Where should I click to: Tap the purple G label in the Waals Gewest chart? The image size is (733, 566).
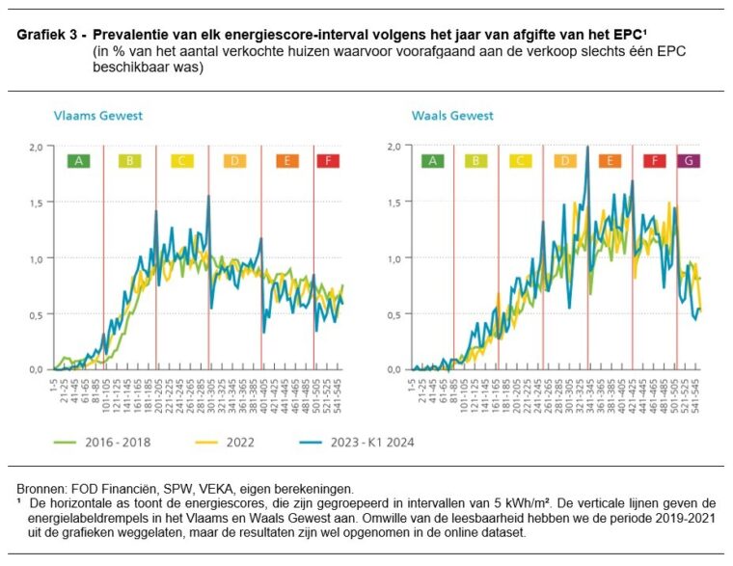pyautogui.click(x=688, y=161)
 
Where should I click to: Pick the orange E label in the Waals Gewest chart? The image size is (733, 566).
pyautogui.click(x=609, y=161)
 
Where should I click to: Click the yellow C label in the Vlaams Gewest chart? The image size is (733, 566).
pyautogui.click(x=181, y=161)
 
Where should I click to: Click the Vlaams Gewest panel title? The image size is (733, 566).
pyautogui.click(x=97, y=116)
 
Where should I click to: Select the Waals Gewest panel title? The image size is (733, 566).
pyautogui.click(x=452, y=116)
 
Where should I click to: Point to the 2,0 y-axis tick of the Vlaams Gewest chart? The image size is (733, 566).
pyautogui.click(x=37, y=148)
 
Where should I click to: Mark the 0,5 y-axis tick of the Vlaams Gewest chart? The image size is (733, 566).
pyautogui.click(x=37, y=314)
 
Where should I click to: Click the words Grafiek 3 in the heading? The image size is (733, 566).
pyautogui.click(x=47, y=35)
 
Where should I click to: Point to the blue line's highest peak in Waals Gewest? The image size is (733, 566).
pyautogui.click(x=586, y=148)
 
